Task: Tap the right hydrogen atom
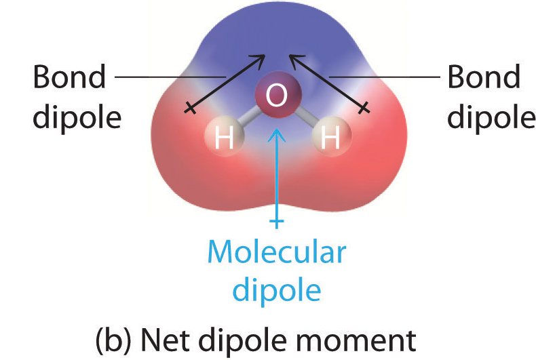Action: [x=330, y=139]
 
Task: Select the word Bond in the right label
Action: [x=484, y=78]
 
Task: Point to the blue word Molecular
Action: [x=277, y=253]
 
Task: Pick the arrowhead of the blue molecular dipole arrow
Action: [x=276, y=134]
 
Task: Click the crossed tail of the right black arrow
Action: [x=365, y=106]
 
